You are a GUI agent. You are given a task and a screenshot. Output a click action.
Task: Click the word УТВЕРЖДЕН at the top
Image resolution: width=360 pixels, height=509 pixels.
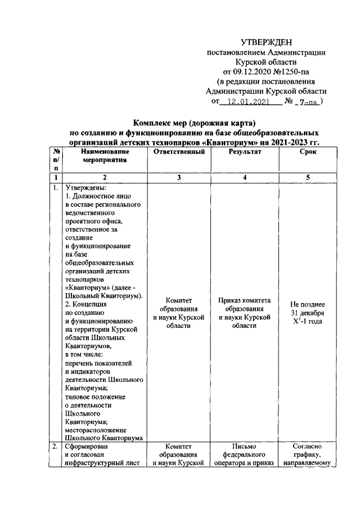click(x=266, y=42)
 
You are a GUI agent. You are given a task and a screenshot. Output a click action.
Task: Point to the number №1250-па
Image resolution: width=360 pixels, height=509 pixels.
click(x=289, y=72)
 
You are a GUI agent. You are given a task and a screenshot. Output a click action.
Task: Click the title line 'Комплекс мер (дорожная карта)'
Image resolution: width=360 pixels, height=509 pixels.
click(x=194, y=123)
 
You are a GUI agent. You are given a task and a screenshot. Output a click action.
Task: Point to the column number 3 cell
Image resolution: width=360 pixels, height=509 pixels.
click(x=178, y=178)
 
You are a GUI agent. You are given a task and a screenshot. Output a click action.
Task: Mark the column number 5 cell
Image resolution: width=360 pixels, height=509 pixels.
click(x=307, y=178)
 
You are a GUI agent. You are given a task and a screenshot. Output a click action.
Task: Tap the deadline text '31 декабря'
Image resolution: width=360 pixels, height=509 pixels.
click(x=307, y=313)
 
